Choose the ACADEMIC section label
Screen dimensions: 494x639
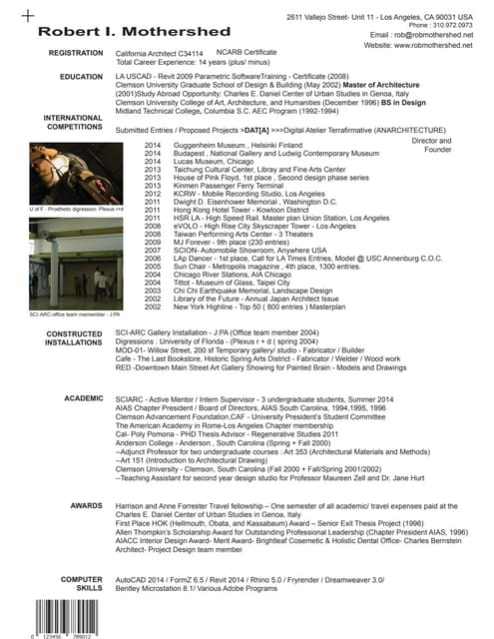pyautogui.click(x=83, y=397)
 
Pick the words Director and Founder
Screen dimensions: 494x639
pyautogui.click(x=430, y=146)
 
